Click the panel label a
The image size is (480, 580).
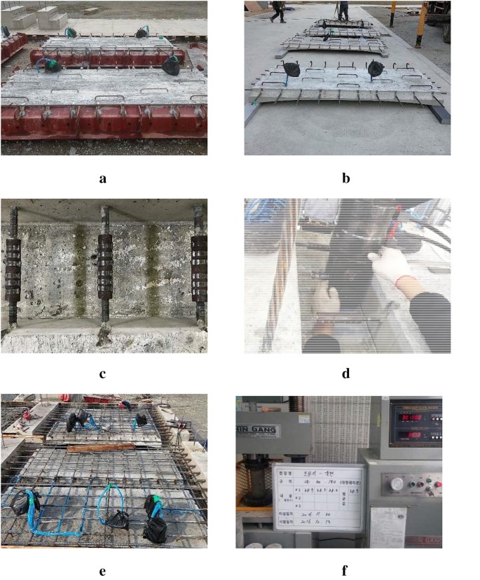coord(103,178)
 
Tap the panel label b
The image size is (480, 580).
coord(346,178)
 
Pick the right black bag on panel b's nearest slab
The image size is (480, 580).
coord(375,69)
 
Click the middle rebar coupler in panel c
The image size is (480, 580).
coord(104,266)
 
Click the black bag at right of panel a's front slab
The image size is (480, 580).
coord(171,66)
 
